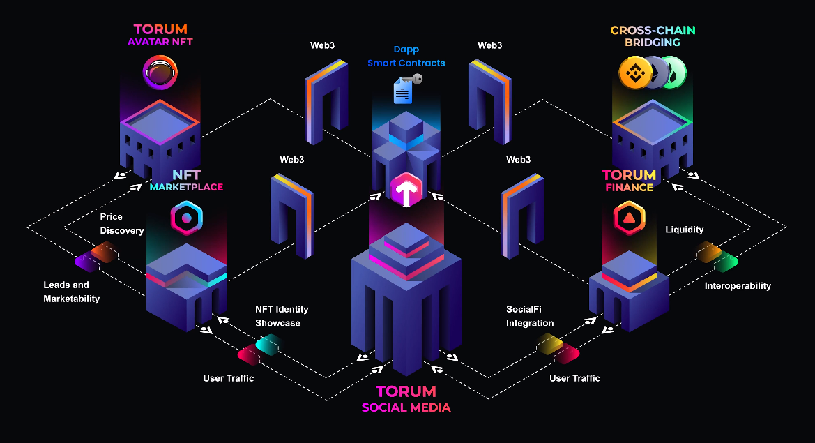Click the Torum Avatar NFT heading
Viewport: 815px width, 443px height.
(160, 35)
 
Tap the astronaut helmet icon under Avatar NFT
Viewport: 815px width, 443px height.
(160, 73)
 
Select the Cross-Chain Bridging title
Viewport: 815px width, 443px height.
(653, 36)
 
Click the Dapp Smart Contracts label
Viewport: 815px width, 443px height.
(406, 57)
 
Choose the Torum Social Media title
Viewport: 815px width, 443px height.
(406, 399)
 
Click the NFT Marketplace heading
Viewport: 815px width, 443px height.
(186, 180)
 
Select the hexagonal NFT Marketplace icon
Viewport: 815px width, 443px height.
(186, 218)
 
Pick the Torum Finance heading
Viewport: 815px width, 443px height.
(629, 180)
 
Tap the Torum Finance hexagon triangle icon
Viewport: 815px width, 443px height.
(629, 218)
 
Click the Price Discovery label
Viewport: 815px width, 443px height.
(122, 224)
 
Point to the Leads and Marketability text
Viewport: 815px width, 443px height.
(72, 292)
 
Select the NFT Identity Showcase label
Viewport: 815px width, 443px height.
(282, 316)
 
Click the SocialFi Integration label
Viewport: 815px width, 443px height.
(530, 316)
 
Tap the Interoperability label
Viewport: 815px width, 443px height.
(738, 286)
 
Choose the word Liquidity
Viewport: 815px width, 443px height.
(685, 230)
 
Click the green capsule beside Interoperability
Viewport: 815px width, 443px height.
(726, 262)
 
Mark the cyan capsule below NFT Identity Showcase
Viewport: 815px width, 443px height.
(268, 344)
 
